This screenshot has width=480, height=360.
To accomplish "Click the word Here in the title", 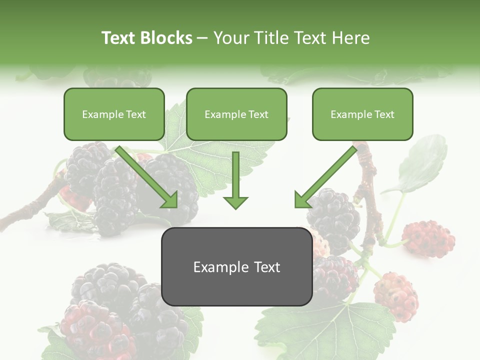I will click(351, 38).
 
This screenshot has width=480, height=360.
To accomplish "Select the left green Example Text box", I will click(114, 114).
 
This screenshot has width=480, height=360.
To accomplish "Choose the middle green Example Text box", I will click(236, 114).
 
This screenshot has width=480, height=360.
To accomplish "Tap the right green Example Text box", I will click(362, 114).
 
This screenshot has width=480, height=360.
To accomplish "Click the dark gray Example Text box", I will click(236, 267).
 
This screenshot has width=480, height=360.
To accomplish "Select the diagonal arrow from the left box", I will click(147, 176).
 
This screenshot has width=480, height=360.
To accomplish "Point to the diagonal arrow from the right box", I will click(325, 176).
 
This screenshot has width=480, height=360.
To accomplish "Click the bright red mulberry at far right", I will click(428, 238).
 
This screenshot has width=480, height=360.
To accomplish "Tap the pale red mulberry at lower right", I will click(396, 296).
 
